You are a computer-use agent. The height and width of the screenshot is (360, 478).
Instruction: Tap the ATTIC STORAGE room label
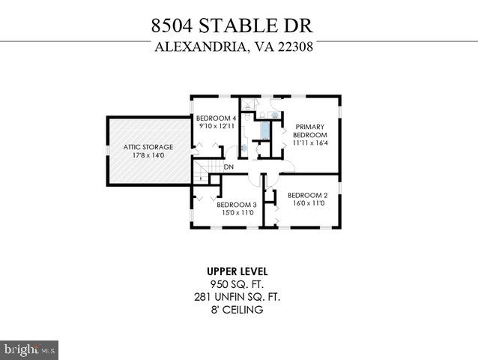(148, 147)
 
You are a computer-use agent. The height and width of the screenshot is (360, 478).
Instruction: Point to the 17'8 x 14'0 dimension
(148, 156)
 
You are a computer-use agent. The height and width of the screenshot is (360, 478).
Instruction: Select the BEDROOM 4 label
(216, 118)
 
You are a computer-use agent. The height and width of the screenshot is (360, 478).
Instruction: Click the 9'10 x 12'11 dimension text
(216, 126)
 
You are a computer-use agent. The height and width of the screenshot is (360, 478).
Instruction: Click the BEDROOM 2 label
(307, 194)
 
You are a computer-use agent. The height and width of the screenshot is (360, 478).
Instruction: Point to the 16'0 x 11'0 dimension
(307, 202)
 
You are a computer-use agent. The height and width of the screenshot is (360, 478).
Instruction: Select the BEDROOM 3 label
(237, 205)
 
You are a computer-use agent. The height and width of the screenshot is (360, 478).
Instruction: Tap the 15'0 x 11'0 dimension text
(237, 213)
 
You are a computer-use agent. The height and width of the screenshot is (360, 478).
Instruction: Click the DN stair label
(229, 167)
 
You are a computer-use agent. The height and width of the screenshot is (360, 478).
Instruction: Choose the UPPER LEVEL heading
(238, 271)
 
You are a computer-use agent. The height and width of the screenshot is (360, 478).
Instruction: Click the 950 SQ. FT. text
(238, 283)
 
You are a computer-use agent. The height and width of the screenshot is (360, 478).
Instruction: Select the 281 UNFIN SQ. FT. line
(238, 296)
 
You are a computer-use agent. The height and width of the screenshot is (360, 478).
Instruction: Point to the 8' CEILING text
(238, 309)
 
